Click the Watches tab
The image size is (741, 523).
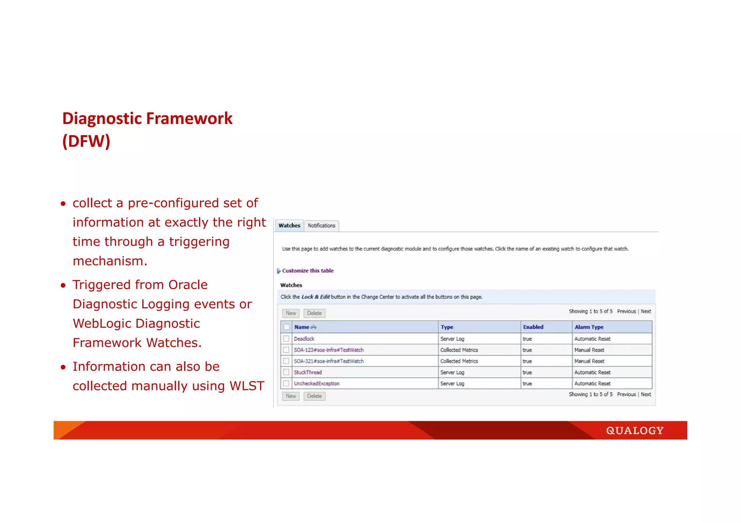[x=289, y=226]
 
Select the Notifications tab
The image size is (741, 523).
[x=321, y=226]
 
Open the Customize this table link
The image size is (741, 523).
[x=308, y=271]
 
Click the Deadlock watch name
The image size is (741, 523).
[x=304, y=339]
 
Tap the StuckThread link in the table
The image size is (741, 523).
[x=308, y=372]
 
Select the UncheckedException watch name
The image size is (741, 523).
[x=317, y=383]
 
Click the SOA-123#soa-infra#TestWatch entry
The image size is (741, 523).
[x=329, y=350]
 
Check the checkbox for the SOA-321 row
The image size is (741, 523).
[x=286, y=361]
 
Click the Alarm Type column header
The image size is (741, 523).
[x=589, y=327]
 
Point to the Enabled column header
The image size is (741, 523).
[x=533, y=327]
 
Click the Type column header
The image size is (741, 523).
[x=447, y=327]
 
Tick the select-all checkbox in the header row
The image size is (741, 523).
[x=287, y=327]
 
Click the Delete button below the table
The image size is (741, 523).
[x=314, y=396]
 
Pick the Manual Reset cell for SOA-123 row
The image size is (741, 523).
[x=589, y=350]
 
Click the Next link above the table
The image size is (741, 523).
[x=646, y=311]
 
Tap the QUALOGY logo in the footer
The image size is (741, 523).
[x=635, y=430]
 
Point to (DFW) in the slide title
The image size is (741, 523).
[x=86, y=141]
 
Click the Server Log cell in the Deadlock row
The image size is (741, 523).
[x=452, y=339]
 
